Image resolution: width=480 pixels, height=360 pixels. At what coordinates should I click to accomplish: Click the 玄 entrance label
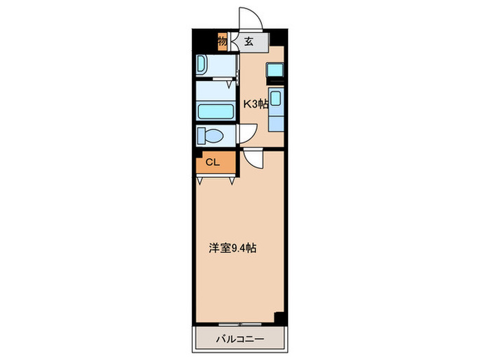click(x=248, y=41)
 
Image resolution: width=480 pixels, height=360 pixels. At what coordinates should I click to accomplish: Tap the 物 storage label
click(x=222, y=41)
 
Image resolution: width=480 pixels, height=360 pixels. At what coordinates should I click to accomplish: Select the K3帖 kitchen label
click(x=255, y=104)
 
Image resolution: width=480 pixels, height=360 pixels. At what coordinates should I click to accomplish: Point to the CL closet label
click(x=213, y=163)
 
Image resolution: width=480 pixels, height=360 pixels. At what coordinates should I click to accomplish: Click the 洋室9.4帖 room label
click(x=233, y=248)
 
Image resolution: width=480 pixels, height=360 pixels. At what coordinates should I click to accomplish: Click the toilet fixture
click(x=209, y=135)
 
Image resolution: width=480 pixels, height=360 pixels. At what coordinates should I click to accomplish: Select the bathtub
click(x=215, y=111)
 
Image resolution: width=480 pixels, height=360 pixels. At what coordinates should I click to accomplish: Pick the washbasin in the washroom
click(x=204, y=65)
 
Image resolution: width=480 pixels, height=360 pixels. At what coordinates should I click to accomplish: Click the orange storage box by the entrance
click(x=222, y=41)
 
